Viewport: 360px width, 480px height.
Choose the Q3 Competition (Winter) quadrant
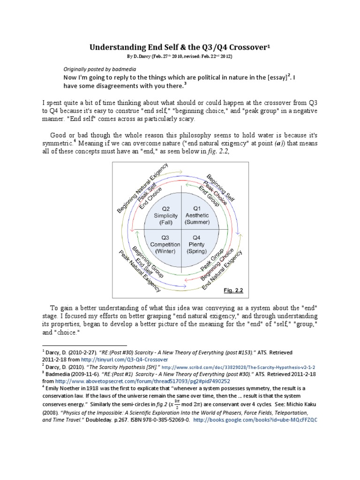click(x=163, y=244)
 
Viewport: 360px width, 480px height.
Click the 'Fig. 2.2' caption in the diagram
click(x=233, y=291)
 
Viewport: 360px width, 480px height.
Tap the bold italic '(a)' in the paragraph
click(x=278, y=144)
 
